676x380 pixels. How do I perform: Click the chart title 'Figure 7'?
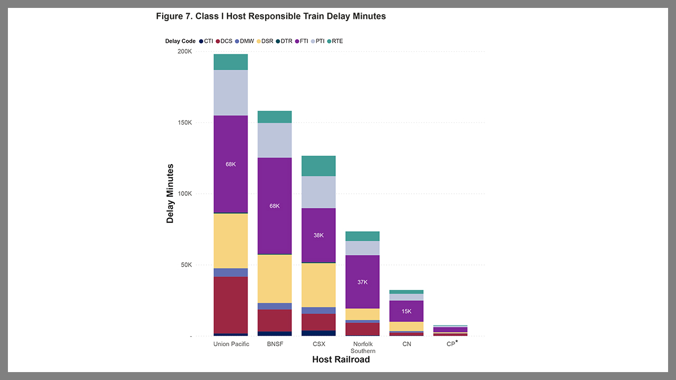(270, 16)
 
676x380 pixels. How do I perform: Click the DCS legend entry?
(223, 41)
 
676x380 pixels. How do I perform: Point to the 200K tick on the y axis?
(184, 52)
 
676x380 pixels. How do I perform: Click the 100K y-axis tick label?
(184, 194)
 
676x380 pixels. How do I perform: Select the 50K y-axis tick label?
(185, 265)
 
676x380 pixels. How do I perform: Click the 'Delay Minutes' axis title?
(170, 194)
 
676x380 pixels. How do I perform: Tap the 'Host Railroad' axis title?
(341, 359)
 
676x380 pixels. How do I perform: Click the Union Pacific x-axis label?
(231, 344)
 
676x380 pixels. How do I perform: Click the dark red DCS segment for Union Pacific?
(231, 305)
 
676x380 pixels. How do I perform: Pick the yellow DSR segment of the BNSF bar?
(275, 279)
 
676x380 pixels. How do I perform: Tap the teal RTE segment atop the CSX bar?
(318, 166)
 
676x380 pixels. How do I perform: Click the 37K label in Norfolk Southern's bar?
(362, 282)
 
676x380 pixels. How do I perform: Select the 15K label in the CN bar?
(406, 311)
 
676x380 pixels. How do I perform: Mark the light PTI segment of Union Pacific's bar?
(231, 93)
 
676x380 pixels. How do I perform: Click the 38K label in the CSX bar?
(318, 235)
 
